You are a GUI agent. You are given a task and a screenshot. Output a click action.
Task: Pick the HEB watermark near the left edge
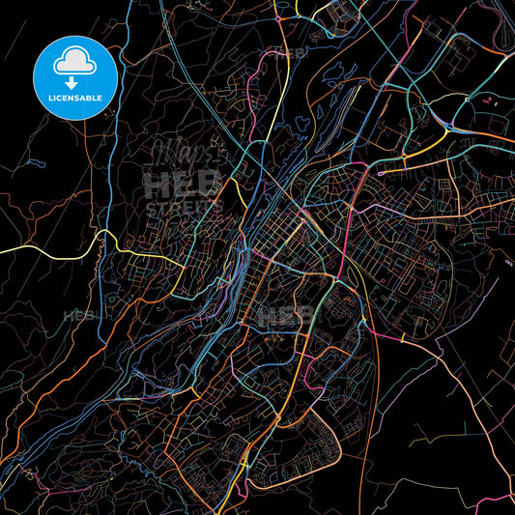(x=73, y=316)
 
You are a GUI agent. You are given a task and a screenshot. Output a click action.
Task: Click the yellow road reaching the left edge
(x=39, y=248)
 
